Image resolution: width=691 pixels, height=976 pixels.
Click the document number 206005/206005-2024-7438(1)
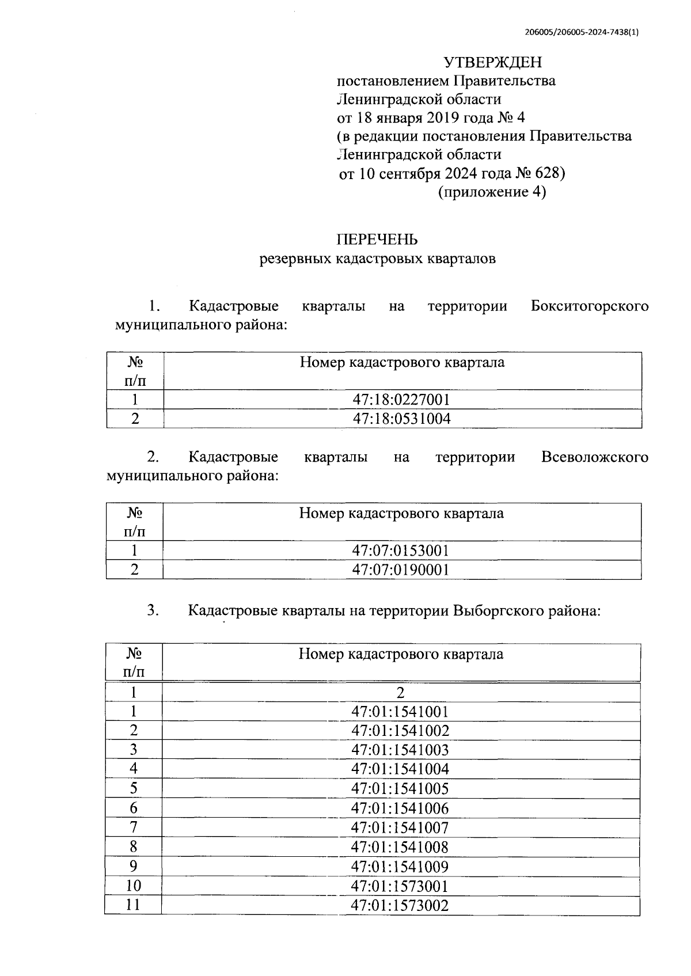582,33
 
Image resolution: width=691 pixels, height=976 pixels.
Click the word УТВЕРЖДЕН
492,62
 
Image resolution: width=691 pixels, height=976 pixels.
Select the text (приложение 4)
492,192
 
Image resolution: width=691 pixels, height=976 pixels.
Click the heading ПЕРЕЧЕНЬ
377,240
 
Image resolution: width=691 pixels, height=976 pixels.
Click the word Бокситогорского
589,306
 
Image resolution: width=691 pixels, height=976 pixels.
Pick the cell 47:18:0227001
401,400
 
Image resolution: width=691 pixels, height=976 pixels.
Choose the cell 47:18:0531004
401,419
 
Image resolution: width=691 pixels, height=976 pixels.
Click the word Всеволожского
594,457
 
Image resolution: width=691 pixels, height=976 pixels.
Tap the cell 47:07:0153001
401,550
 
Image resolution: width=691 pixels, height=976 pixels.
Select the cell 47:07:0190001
401,569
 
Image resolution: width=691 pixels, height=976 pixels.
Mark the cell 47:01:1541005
400,788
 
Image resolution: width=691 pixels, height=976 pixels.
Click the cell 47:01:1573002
400,905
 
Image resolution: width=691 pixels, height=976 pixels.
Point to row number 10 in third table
134,886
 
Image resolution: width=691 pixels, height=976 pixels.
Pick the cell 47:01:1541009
400,866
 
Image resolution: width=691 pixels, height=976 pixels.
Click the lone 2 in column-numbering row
401,692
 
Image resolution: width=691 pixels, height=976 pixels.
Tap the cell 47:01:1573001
400,886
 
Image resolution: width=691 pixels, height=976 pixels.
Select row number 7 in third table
134,827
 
